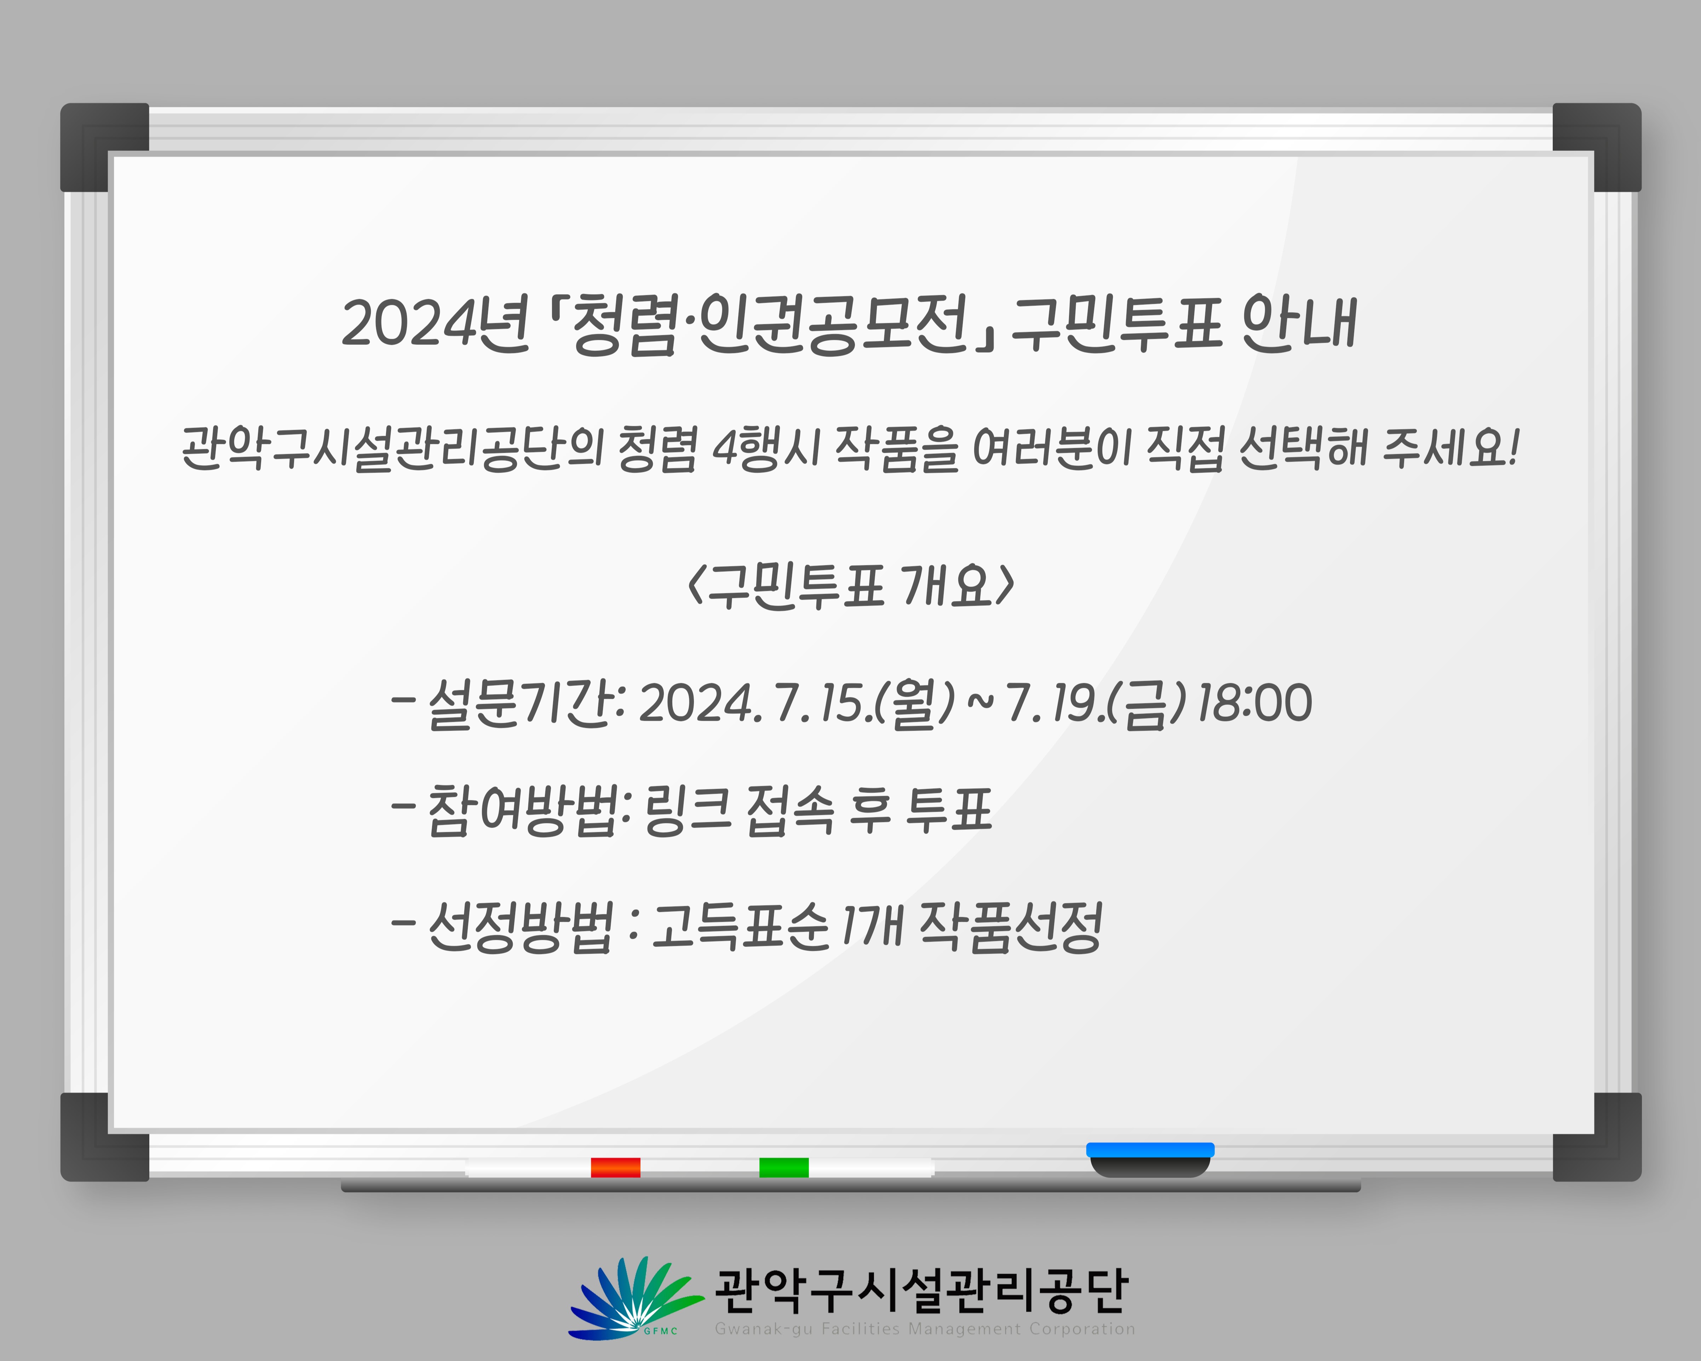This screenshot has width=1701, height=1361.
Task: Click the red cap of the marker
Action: pos(615,1167)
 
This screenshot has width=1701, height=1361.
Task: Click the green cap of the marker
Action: pos(783,1167)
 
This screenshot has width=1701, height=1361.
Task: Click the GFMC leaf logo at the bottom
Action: pos(635,1298)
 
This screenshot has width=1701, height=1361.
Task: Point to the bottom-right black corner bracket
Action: pos(1597,1137)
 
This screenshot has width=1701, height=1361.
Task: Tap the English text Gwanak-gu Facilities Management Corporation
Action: pos(925,1329)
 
